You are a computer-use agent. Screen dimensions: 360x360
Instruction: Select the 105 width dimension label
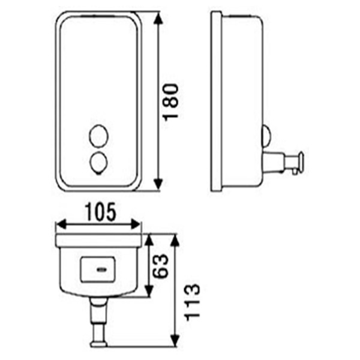tap(99, 211)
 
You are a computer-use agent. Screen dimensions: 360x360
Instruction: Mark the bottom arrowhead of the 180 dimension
tap(158, 187)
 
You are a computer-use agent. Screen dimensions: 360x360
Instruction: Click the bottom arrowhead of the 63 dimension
tap(148, 294)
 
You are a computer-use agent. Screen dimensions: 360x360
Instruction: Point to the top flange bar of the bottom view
tap(99, 241)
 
